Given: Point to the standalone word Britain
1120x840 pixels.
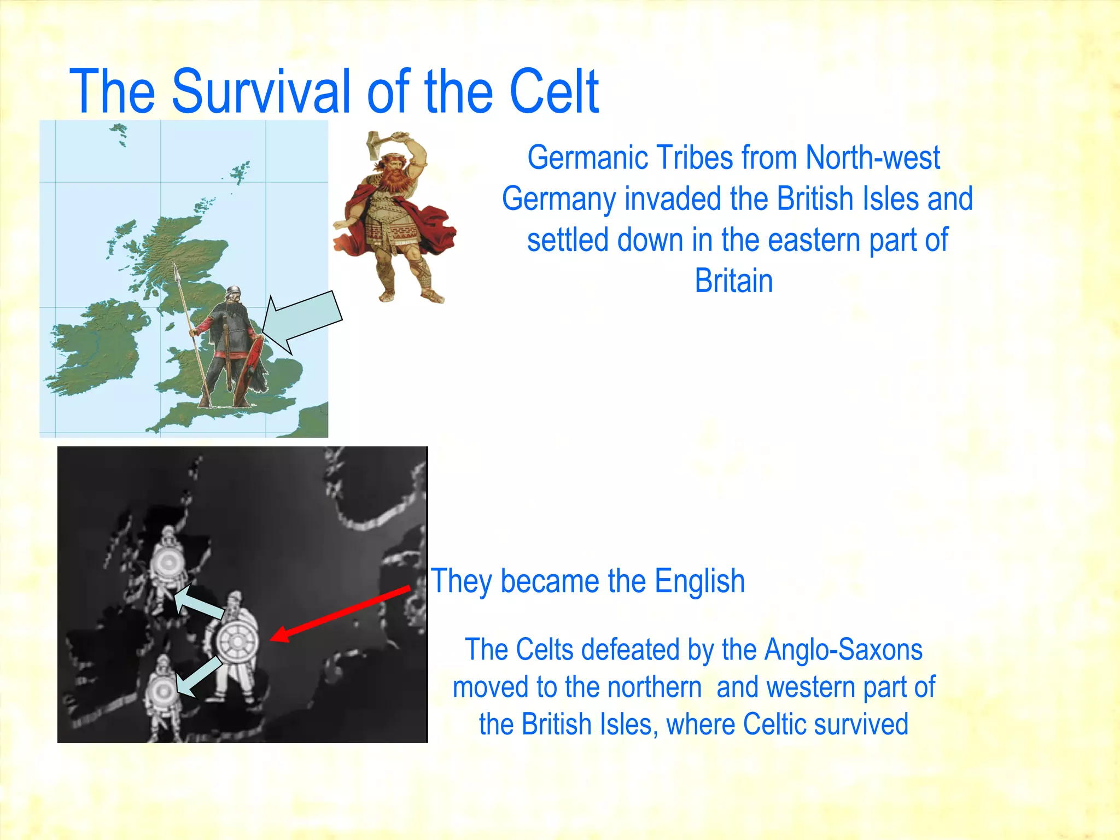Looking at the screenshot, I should point(733,281).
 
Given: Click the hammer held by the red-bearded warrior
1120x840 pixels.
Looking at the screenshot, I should point(378,143).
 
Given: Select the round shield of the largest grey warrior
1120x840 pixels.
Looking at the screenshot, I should point(237,640).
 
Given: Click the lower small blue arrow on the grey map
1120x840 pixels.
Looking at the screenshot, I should point(198,677).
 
